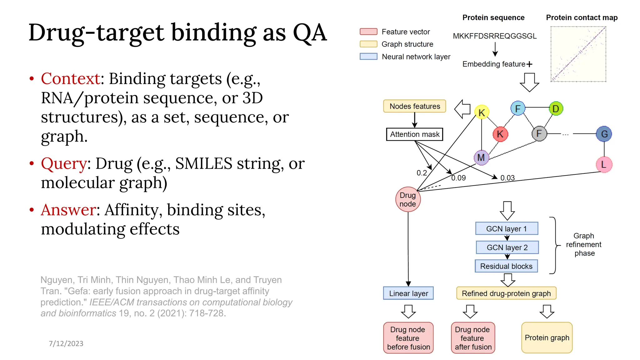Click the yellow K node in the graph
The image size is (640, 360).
(482, 112)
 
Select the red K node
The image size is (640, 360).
(500, 134)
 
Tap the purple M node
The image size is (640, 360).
(481, 157)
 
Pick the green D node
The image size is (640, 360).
(556, 109)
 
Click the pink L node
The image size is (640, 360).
(604, 164)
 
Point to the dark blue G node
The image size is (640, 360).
(604, 134)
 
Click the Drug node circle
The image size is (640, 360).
(408, 199)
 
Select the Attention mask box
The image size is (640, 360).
(414, 134)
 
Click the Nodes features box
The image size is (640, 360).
(414, 106)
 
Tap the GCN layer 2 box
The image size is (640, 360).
(507, 247)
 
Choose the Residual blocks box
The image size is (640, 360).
(506, 266)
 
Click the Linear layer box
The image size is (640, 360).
(408, 293)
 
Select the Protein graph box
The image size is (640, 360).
(547, 338)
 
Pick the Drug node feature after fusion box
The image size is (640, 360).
(473, 338)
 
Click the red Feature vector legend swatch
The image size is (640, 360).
(368, 32)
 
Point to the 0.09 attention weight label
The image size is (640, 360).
(458, 178)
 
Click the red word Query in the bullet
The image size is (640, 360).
(64, 163)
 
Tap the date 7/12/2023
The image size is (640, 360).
(66, 343)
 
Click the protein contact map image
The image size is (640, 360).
(578, 54)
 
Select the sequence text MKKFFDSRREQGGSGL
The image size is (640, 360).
(494, 36)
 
